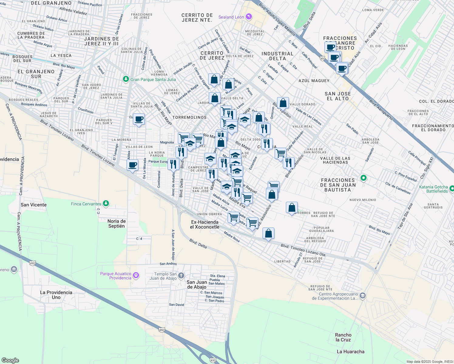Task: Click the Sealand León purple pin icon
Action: coord(249,17)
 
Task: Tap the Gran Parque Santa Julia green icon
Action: coord(126,79)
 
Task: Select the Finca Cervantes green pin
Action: coord(106,204)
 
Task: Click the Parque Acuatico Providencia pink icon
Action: coord(136,275)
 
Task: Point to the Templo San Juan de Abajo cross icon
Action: coord(181,276)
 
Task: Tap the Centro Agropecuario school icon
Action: coord(363,296)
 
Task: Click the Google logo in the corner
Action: coord(10,360)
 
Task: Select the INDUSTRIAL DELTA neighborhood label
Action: coord(277,56)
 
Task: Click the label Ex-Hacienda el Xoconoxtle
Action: coord(205,224)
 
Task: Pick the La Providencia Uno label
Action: coord(56,295)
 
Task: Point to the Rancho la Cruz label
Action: coord(343,337)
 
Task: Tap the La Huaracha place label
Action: coord(351,352)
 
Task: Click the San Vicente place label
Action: coord(34,205)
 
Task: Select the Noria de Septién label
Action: coord(117,224)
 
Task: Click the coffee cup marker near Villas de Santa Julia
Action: coord(139,119)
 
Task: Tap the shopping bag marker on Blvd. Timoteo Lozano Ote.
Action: coord(268,233)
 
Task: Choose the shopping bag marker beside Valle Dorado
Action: coord(283,103)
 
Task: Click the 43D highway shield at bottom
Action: coord(213,360)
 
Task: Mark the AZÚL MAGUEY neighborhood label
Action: coord(314,81)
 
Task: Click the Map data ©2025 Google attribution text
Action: coord(429,362)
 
